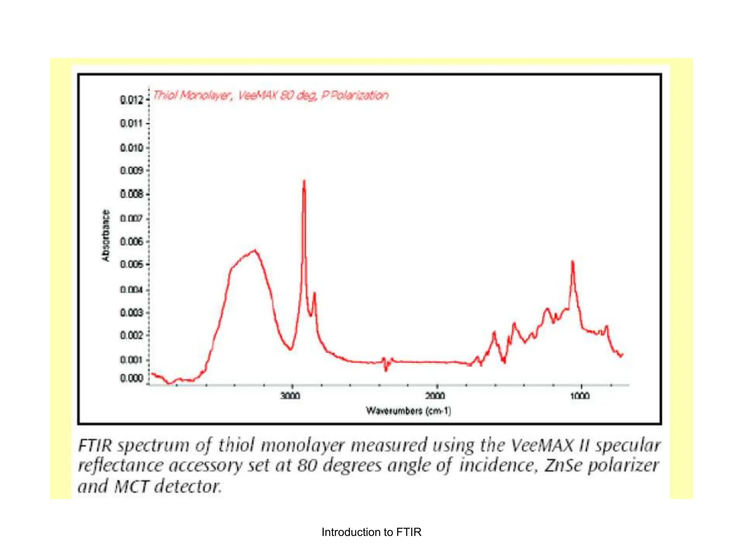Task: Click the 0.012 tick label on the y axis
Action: pos(131,100)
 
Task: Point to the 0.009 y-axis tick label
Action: pos(131,170)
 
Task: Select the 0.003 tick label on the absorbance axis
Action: pos(131,313)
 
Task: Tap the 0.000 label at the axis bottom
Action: pos(131,379)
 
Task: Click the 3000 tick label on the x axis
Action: pos(291,396)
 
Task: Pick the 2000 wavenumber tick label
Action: pos(435,396)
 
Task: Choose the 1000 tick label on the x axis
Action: pos(580,396)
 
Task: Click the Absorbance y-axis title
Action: pos(105,236)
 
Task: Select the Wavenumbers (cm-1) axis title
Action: pos(409,411)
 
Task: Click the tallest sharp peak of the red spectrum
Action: pos(304,181)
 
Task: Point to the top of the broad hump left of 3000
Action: pos(255,250)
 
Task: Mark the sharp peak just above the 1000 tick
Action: pos(572,261)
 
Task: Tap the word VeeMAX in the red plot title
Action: pos(258,95)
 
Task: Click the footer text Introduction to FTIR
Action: pos(371,532)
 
